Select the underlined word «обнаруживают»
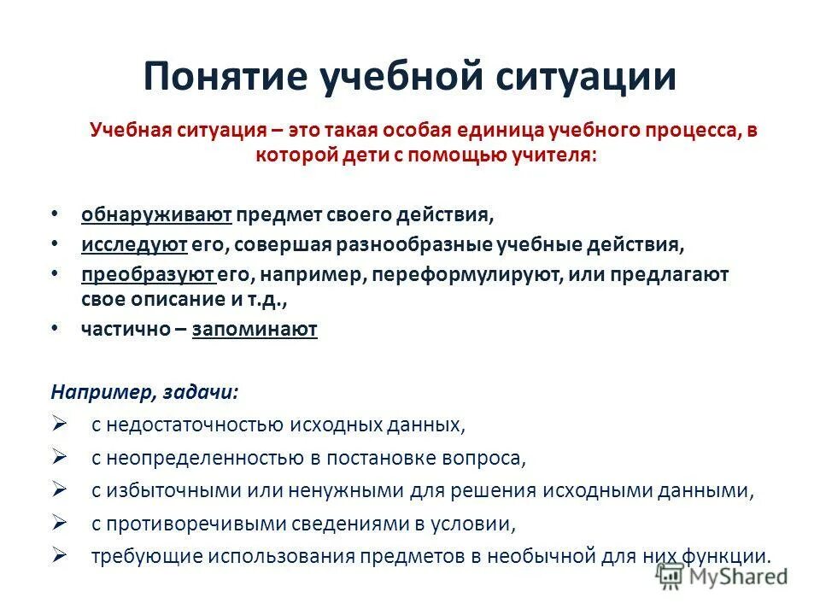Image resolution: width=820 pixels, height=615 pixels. (x=157, y=214)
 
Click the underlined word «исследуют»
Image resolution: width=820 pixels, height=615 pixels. (x=134, y=244)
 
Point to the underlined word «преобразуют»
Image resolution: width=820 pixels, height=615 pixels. (x=148, y=275)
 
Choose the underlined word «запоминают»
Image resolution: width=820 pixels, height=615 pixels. (x=255, y=330)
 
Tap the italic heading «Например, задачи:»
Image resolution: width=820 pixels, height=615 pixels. (x=144, y=391)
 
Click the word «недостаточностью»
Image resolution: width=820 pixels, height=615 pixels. (x=185, y=425)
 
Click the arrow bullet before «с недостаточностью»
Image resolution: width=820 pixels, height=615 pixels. (x=59, y=424)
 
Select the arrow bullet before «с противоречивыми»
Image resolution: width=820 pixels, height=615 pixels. (x=59, y=522)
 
